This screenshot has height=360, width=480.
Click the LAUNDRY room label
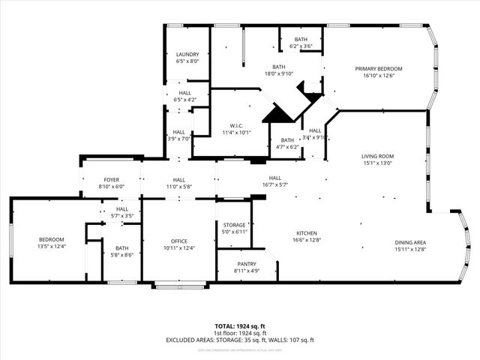187,55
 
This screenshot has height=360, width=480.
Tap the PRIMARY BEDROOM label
379,68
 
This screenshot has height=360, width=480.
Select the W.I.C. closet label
236,125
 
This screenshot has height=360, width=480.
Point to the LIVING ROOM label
378,156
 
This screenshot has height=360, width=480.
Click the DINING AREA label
410,242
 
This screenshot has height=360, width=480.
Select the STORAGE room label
235,225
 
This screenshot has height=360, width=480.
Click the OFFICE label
178,241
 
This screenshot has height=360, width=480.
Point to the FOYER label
111,180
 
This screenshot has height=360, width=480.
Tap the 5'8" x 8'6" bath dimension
121,255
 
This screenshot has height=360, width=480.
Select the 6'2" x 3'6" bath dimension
301,46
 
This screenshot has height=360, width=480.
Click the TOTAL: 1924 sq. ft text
240,326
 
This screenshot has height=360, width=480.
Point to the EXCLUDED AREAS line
240,340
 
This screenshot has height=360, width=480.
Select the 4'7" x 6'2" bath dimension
287,147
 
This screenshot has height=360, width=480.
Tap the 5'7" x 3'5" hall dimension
122,216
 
